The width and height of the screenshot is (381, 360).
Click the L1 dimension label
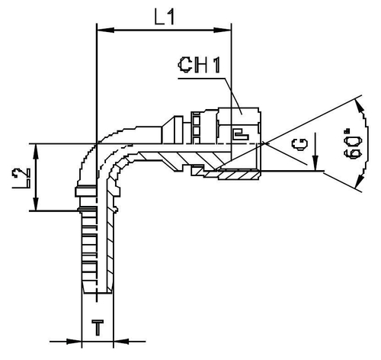click(x=163, y=17)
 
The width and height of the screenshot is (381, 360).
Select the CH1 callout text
click(x=200, y=66)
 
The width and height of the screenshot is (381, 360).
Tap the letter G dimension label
click(x=302, y=143)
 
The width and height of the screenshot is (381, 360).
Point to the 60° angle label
click(x=351, y=143)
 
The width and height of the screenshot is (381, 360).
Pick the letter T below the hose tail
click(x=97, y=329)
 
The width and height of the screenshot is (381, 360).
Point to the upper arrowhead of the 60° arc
click(x=357, y=102)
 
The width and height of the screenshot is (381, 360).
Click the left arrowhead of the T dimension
click(x=76, y=340)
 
